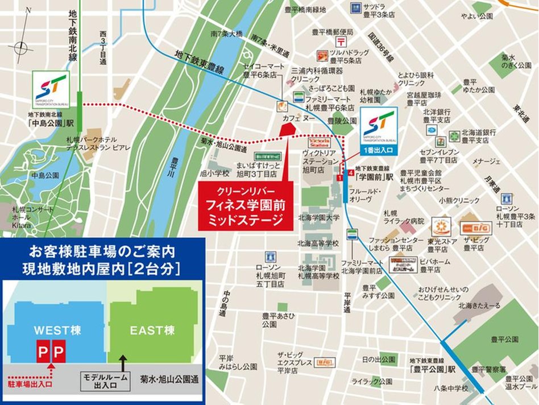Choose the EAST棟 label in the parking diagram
pyautogui.click(x=152, y=330)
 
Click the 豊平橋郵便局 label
pyautogui.click(x=333, y=32)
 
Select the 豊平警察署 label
pyautogui.click(x=488, y=369)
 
